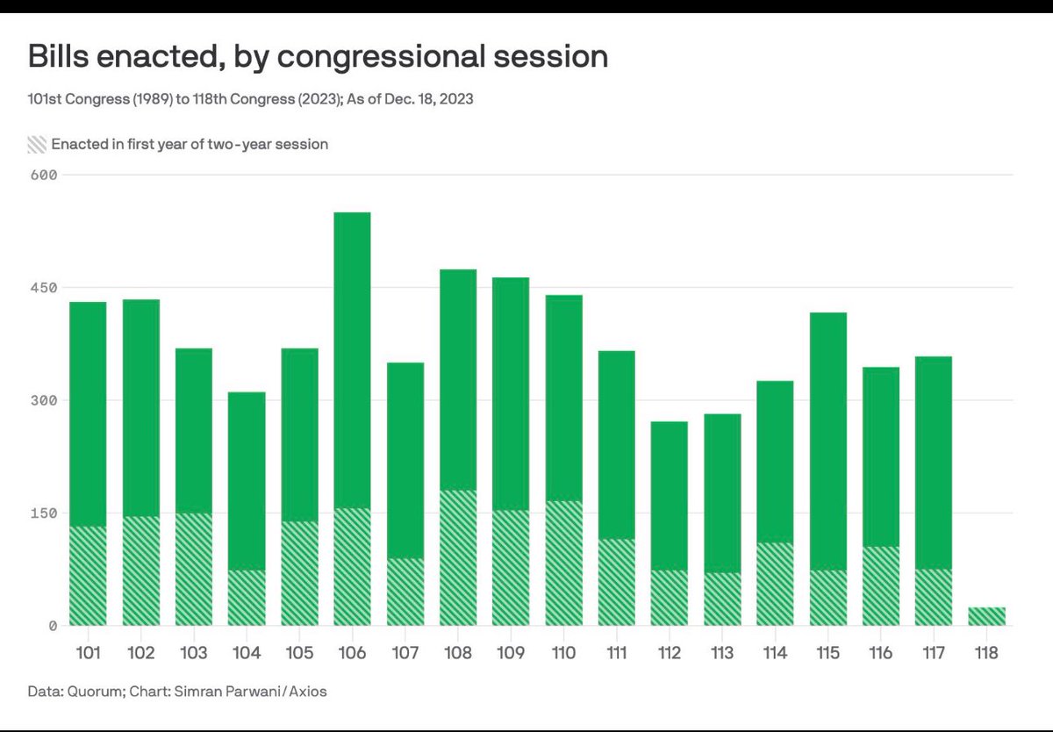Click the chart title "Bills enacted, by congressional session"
[318, 57]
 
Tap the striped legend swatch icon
[36, 144]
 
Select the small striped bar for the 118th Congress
[986, 616]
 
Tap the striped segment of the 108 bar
[458, 558]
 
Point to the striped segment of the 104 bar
[246, 598]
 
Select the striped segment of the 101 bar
[88, 576]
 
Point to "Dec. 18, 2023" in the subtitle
[427, 99]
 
